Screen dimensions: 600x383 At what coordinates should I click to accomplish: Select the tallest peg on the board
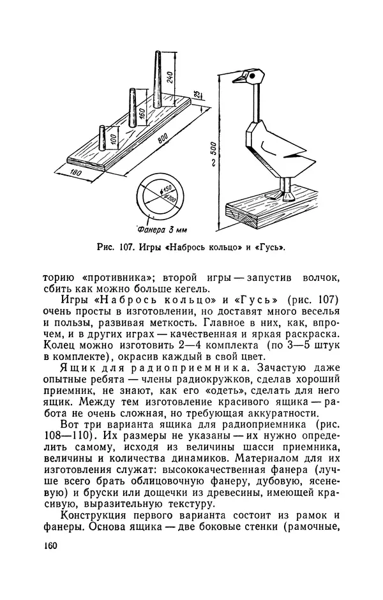pos(154,79)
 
